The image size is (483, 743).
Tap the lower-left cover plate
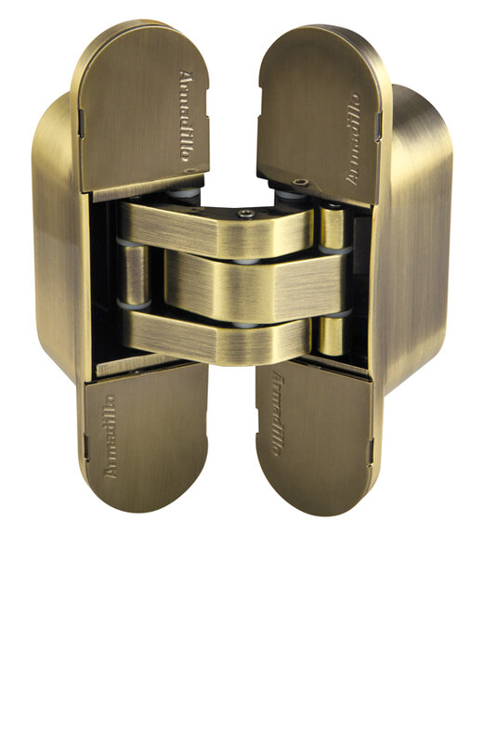144,437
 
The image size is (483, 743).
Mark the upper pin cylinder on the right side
331,228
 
